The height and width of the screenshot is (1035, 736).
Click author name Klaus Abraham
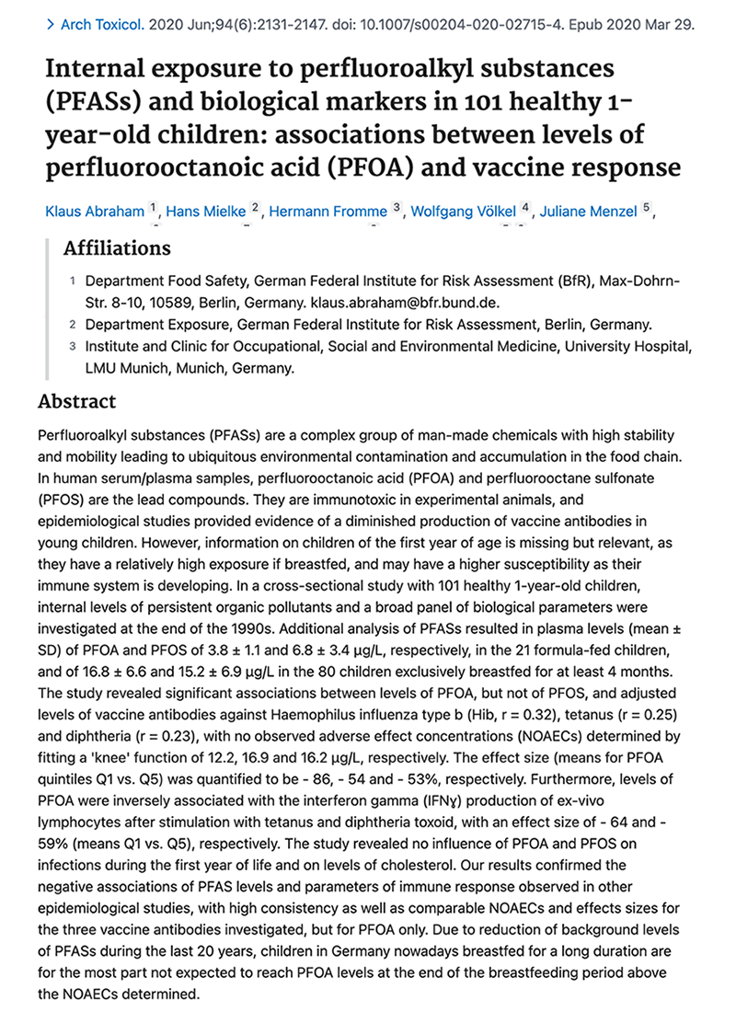[x=95, y=212]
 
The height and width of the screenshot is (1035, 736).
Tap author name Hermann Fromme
[x=328, y=212]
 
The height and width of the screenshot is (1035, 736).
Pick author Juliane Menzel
[x=589, y=212]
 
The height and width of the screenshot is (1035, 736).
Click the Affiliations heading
[x=117, y=248]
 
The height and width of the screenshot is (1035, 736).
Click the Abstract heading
[x=77, y=401]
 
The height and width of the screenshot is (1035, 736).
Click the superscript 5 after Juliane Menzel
[x=648, y=207]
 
